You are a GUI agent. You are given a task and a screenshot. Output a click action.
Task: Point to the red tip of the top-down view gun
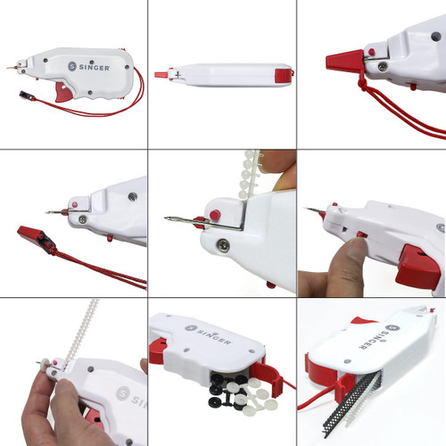pyautogui.click(x=161, y=75)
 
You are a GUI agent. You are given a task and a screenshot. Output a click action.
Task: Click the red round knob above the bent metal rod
pyautogui.click(x=214, y=214)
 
